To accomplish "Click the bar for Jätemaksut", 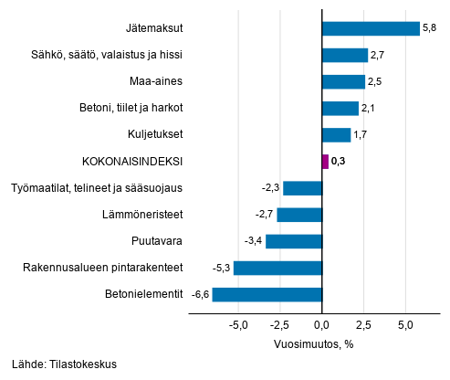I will pyautogui.click(x=371, y=28).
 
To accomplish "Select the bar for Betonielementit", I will pyautogui.click(x=267, y=294).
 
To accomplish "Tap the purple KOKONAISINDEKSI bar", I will pyautogui.click(x=325, y=162).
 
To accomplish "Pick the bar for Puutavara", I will pyautogui.click(x=294, y=241).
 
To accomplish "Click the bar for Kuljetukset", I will pyautogui.click(x=336, y=135).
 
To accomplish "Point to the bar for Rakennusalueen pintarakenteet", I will pyautogui.click(x=277, y=268).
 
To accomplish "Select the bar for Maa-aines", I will pyautogui.click(x=343, y=82).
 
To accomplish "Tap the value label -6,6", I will pyautogui.click(x=200, y=294).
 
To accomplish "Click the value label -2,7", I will pyautogui.click(x=266, y=215).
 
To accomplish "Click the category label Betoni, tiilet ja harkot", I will pyautogui.click(x=131, y=109).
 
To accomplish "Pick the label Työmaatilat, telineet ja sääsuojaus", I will pyautogui.click(x=98, y=188).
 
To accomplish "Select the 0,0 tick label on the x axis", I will pyautogui.click(x=322, y=325).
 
